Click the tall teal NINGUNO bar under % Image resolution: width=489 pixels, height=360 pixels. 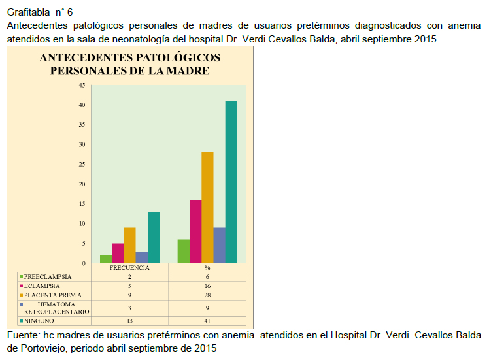231,182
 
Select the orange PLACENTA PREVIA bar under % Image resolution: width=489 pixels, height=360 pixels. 207,208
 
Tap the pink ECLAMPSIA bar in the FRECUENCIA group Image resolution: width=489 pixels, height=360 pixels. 118,253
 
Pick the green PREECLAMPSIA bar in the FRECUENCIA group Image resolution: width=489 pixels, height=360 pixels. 106,259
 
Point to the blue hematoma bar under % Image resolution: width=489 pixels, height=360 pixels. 219,245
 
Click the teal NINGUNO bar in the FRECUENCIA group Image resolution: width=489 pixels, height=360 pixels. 154,237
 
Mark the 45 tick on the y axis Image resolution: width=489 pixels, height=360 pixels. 82,85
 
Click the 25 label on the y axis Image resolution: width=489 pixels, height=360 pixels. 82,164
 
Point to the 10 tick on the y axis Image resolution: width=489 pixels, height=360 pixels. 82,224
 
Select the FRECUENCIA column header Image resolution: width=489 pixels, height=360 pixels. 129,268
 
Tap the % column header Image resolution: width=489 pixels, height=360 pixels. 207,268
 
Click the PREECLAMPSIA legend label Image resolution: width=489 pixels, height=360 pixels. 48,277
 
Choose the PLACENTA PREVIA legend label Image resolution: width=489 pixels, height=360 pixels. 53,295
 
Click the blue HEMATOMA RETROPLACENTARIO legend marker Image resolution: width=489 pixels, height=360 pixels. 21,304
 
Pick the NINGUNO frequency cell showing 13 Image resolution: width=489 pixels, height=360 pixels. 129,321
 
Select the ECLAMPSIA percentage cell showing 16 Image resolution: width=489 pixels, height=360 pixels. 207,286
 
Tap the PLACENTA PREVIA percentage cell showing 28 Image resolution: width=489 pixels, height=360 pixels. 207,295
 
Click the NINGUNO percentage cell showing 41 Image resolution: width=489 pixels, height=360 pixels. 207,321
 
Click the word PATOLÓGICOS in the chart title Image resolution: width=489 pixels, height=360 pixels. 178,57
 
